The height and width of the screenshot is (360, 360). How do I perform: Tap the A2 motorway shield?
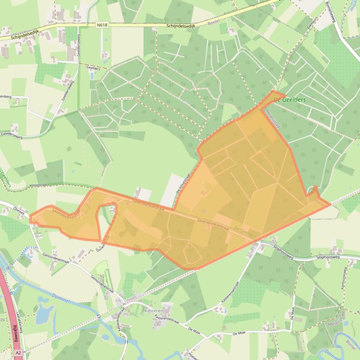pos(18,352)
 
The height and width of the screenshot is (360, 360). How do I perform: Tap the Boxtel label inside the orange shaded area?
pos(319,202)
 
